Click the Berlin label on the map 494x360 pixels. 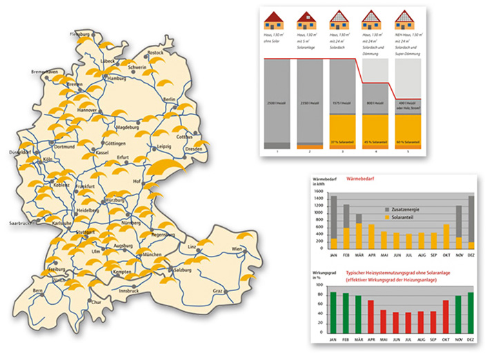point(170,99)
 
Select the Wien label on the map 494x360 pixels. point(238,248)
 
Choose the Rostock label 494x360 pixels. point(156,52)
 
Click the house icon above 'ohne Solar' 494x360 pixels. point(276,21)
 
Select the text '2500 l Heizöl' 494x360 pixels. point(276,103)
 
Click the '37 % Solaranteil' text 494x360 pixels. point(342,142)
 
